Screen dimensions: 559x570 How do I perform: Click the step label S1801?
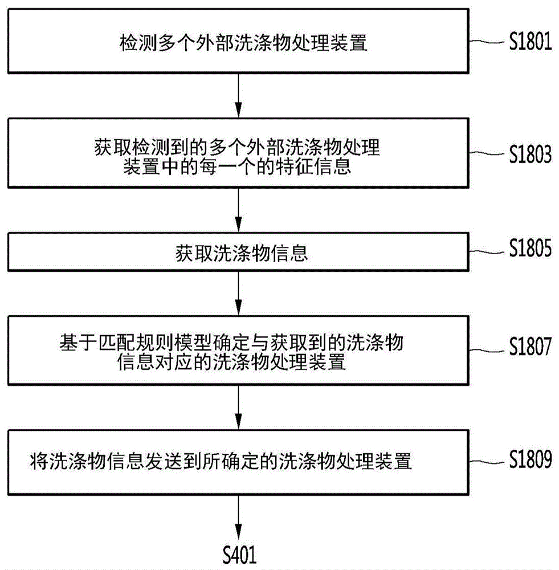(530, 41)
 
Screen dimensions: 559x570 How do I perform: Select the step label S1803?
(530, 154)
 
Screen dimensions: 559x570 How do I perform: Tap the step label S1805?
(530, 249)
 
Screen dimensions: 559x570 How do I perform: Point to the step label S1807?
(530, 346)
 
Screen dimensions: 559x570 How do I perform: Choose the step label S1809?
(530, 459)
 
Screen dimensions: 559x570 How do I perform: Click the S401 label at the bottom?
(239, 555)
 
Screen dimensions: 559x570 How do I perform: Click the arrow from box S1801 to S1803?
(238, 95)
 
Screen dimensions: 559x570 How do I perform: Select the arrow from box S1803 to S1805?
(238, 210)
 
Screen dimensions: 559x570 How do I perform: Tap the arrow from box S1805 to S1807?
(238, 293)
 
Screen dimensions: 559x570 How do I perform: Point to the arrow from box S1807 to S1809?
(238, 407)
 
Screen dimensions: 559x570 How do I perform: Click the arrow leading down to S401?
(238, 518)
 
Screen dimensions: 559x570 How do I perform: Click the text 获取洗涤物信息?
(242, 254)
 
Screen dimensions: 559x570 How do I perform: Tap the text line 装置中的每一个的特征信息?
(237, 167)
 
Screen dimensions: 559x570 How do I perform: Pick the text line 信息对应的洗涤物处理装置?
(231, 362)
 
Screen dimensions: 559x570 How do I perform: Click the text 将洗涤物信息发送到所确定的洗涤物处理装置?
(221, 461)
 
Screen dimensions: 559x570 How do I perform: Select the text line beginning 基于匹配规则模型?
(231, 343)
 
